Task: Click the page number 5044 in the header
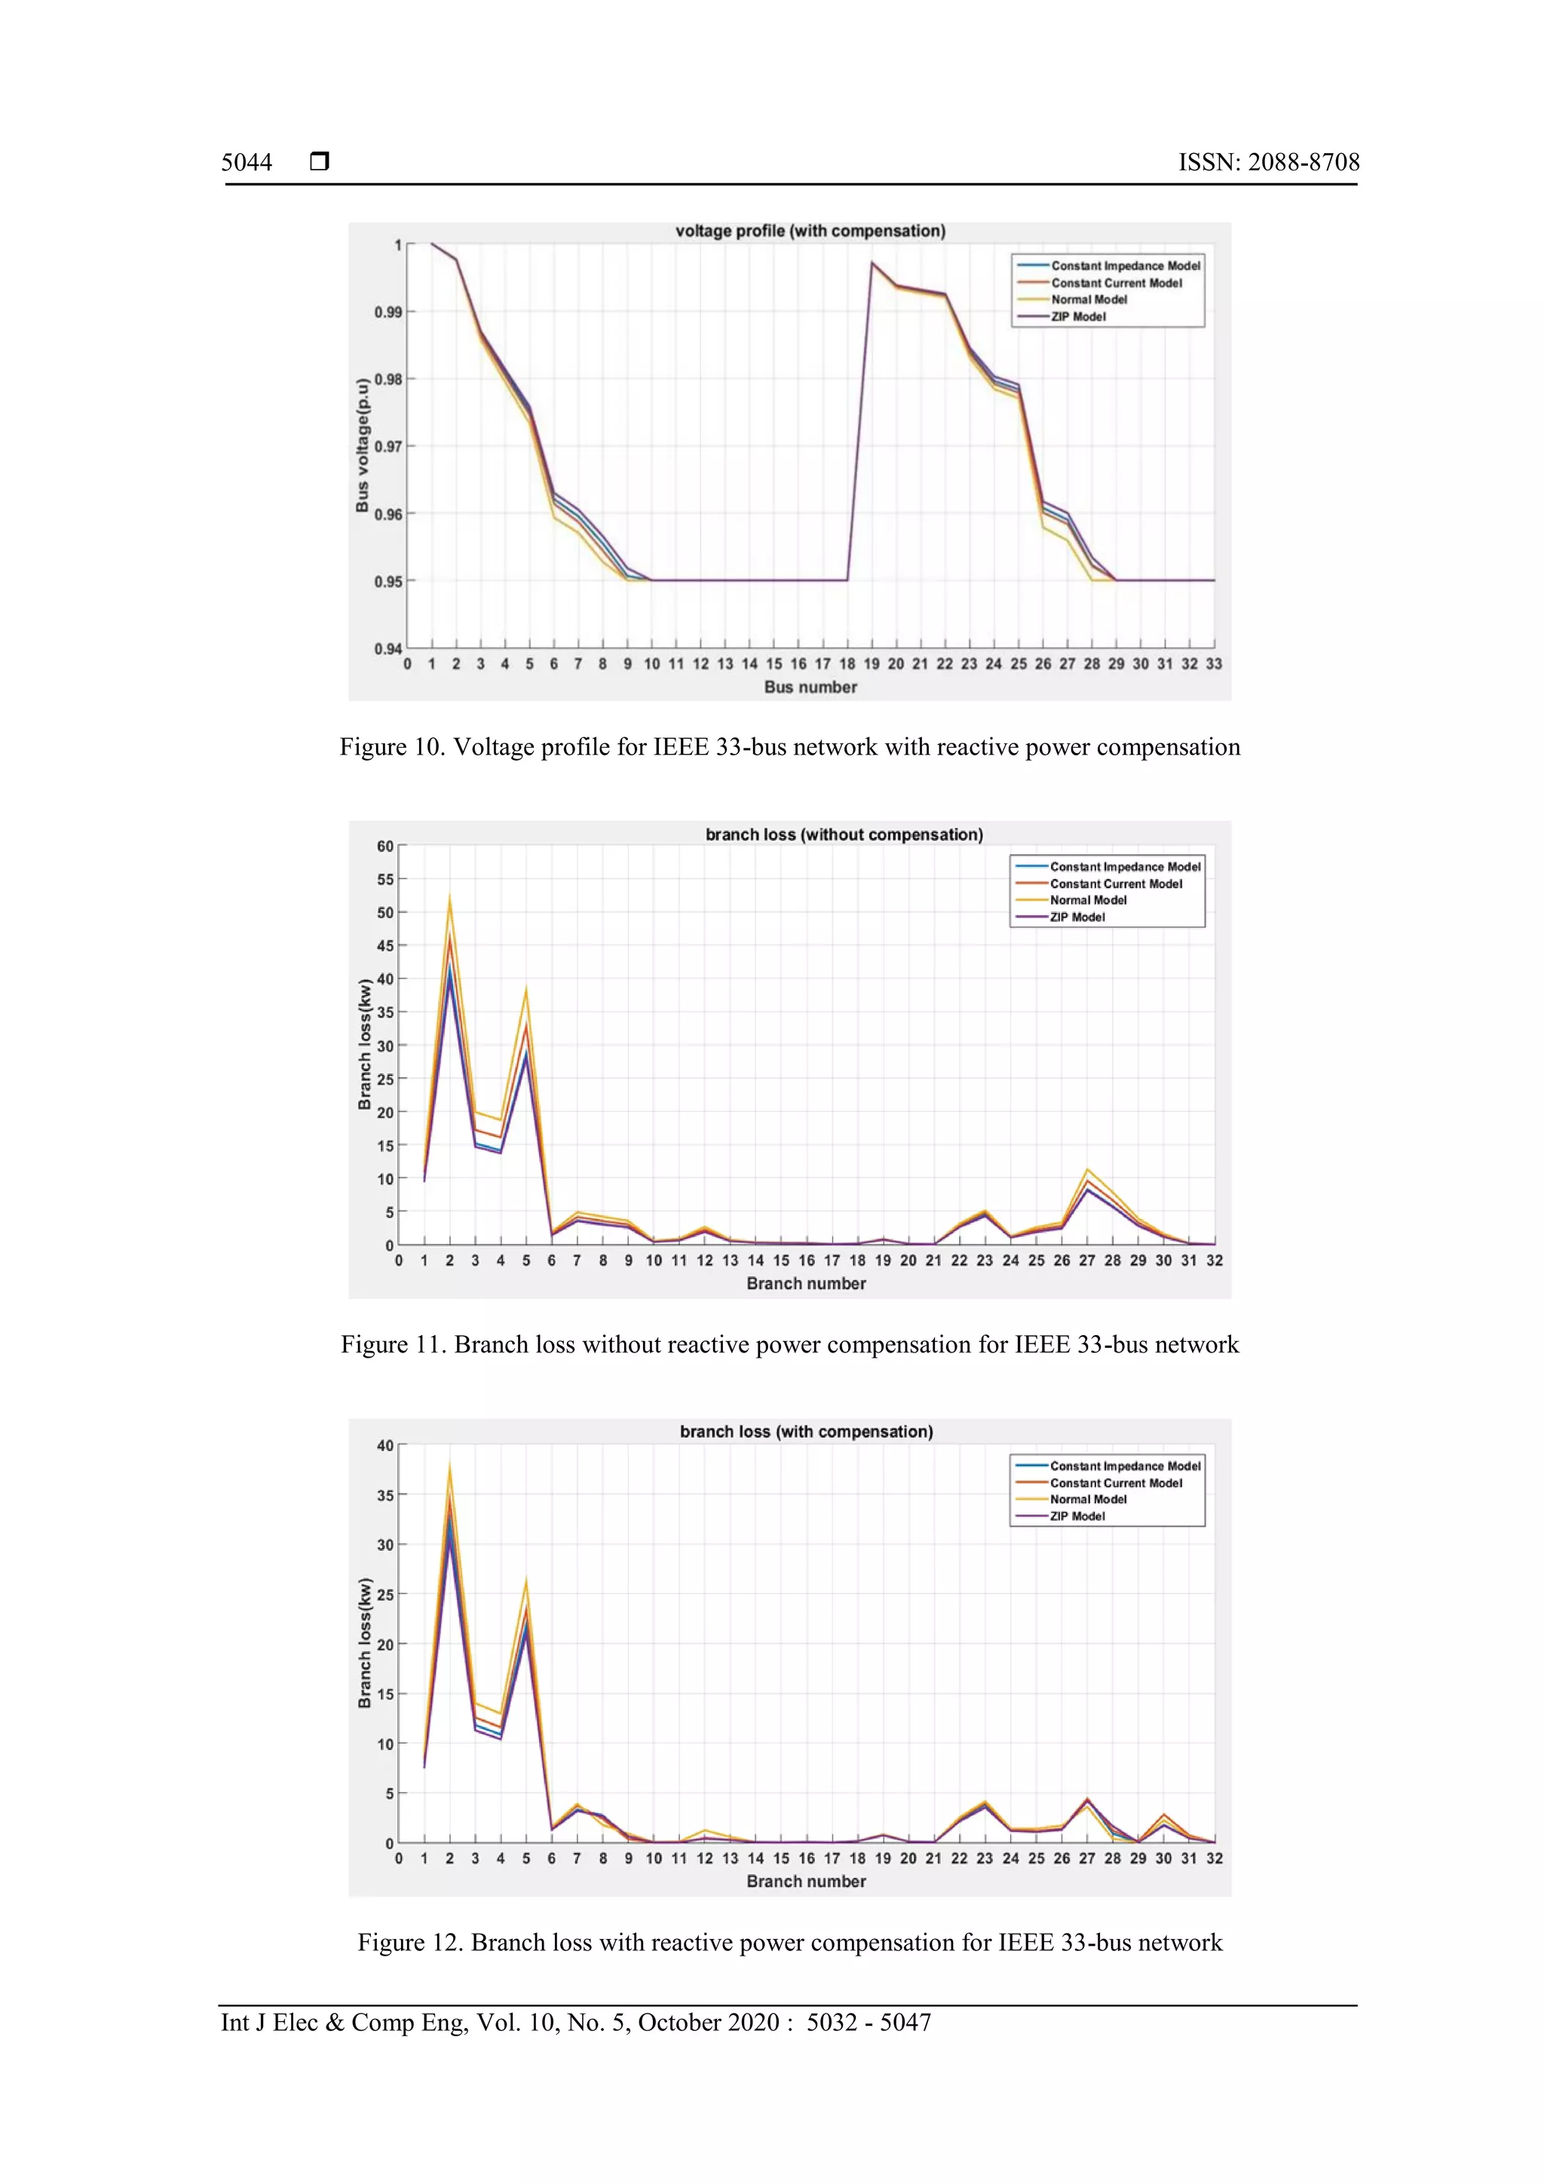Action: (x=247, y=163)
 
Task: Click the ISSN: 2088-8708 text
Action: (x=1268, y=163)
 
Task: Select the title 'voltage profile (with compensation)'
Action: (x=810, y=231)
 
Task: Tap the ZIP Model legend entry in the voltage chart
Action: (x=1078, y=317)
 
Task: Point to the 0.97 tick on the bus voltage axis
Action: (x=388, y=446)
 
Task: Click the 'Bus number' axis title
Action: (x=810, y=687)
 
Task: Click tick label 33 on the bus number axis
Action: (x=1214, y=664)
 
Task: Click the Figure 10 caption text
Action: (x=789, y=746)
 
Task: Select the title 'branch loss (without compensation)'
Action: (x=844, y=835)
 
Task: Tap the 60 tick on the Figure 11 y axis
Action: (x=385, y=846)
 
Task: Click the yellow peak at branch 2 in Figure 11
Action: (x=449, y=898)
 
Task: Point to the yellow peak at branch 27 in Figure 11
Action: (x=1087, y=1169)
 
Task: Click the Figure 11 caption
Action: (x=789, y=1344)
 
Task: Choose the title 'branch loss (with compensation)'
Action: (x=806, y=1432)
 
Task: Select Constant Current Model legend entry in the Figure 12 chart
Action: (x=1115, y=1483)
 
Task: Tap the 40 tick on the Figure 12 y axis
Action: (x=385, y=1445)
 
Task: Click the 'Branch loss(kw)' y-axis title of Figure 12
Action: (x=364, y=1643)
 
